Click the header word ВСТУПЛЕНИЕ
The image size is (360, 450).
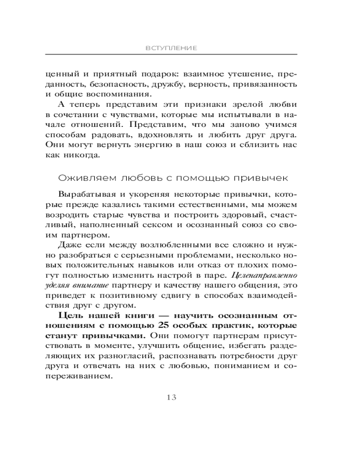171,48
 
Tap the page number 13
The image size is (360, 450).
171,397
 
